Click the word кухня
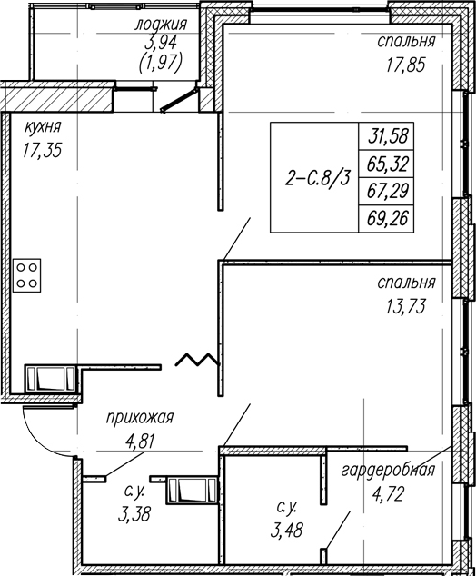pyautogui.click(x=43, y=128)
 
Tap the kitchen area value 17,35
pyautogui.click(x=42, y=150)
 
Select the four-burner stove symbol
pyautogui.click(x=27, y=275)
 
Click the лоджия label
pyautogui.click(x=161, y=25)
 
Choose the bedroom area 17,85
pyautogui.click(x=405, y=65)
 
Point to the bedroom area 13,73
pyautogui.click(x=405, y=306)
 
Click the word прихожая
pyautogui.click(x=140, y=418)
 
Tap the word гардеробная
pyautogui.click(x=388, y=471)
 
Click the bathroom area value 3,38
pyautogui.click(x=134, y=514)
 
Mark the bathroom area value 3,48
pyautogui.click(x=287, y=530)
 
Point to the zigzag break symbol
pyautogui.click(x=197, y=359)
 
